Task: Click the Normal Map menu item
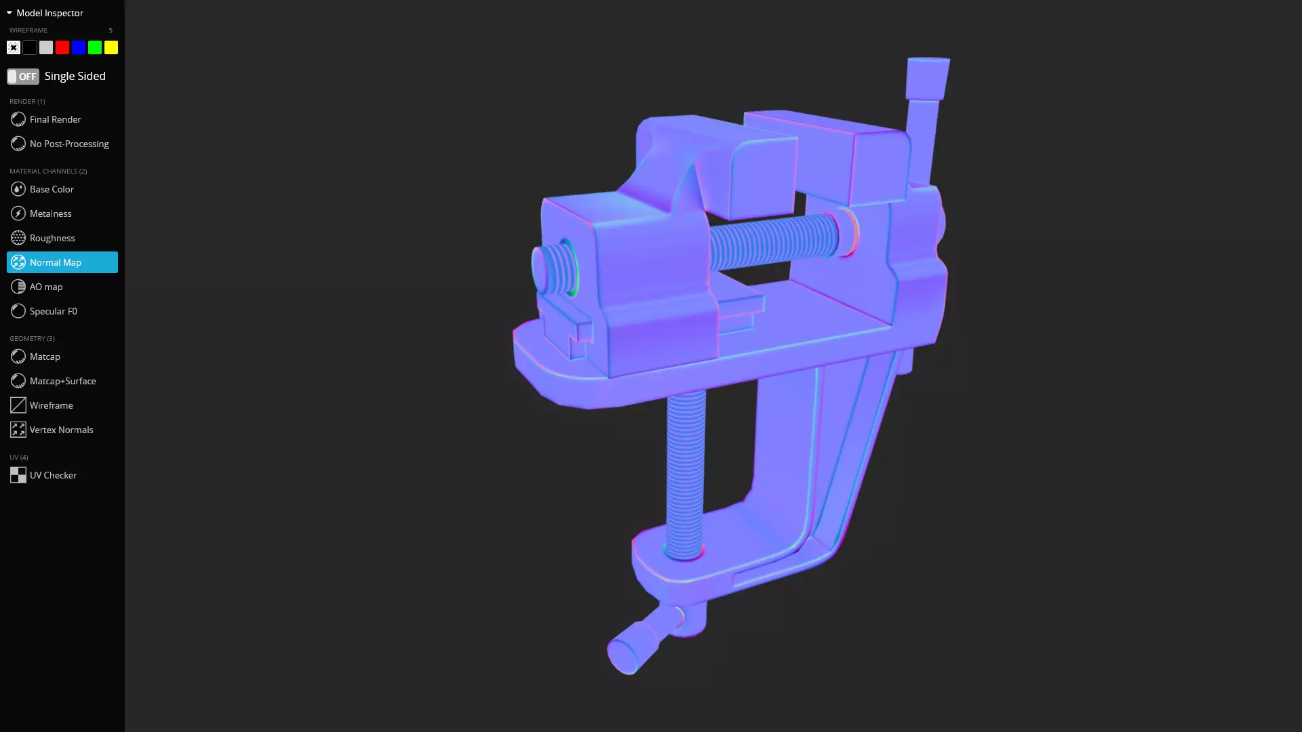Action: pos(56,262)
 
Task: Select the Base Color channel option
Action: pos(52,189)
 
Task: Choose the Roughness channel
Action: pos(52,238)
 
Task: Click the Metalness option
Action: pos(50,213)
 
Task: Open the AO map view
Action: pos(46,287)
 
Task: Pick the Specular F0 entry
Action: pos(53,311)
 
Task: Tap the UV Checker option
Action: pos(53,475)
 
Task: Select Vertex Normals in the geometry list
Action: pos(61,430)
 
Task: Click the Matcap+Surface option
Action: pos(62,381)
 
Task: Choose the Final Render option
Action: pos(55,119)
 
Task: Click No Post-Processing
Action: pos(68,144)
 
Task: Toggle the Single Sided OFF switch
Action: pos(23,77)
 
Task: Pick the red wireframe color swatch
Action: pos(62,47)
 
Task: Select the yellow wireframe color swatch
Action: pos(111,47)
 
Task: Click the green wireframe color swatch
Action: pos(95,47)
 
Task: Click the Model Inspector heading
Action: pos(50,13)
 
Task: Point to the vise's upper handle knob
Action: pos(928,79)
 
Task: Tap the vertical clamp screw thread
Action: pos(685,474)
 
